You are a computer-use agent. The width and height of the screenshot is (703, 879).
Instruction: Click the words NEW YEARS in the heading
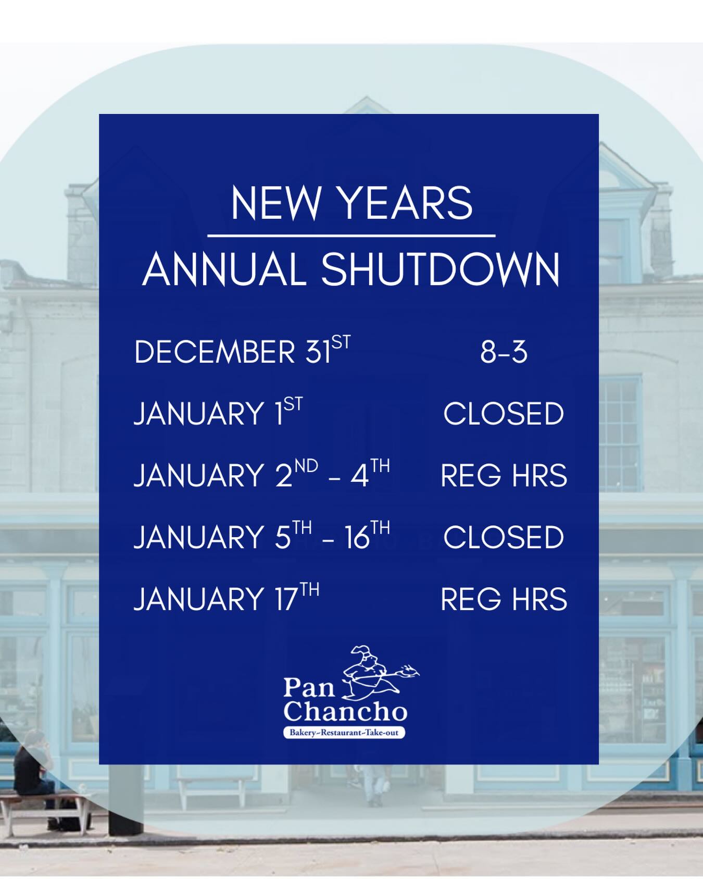pyautogui.click(x=351, y=203)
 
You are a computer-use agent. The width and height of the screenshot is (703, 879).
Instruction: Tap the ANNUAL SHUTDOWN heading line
pyautogui.click(x=351, y=270)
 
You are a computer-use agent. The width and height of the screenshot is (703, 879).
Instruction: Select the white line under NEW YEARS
pyautogui.click(x=351, y=236)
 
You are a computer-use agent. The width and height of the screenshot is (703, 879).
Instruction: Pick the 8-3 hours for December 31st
pyautogui.click(x=504, y=352)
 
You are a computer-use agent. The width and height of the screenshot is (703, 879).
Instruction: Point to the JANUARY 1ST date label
pyautogui.click(x=218, y=413)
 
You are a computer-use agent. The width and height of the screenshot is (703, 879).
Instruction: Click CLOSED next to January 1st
pyautogui.click(x=504, y=414)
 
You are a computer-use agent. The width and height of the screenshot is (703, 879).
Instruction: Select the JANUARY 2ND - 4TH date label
pyautogui.click(x=262, y=474)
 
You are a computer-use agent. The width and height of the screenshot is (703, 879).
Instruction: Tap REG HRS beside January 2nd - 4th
pyautogui.click(x=504, y=476)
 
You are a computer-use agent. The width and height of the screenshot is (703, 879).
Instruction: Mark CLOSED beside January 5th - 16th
pyautogui.click(x=504, y=537)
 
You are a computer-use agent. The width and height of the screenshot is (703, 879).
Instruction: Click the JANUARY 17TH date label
pyautogui.click(x=227, y=598)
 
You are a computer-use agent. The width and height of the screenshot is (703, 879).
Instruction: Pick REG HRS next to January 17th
pyautogui.click(x=504, y=599)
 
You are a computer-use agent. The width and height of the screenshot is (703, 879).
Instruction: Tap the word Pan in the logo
pyautogui.click(x=309, y=688)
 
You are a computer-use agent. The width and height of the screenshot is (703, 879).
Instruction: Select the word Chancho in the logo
pyautogui.click(x=345, y=711)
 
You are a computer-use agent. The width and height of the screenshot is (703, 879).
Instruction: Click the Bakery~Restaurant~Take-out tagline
pyautogui.click(x=344, y=733)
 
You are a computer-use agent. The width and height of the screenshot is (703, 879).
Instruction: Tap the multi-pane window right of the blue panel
pyautogui.click(x=620, y=432)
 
